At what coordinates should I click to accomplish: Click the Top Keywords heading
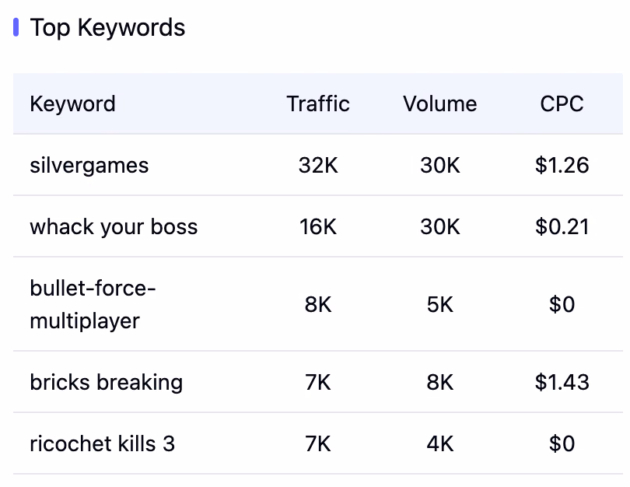click(107, 28)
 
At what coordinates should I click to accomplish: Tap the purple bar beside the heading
click(16, 27)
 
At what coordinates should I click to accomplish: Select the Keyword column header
click(73, 104)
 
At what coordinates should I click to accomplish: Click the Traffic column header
click(318, 103)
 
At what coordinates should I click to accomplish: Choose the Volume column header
click(440, 103)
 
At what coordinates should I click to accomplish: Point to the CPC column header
click(562, 103)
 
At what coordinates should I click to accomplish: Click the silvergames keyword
click(89, 166)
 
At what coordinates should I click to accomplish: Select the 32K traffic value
click(318, 165)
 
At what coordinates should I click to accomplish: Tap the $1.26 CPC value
click(562, 165)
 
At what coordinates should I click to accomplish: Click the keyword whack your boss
click(114, 227)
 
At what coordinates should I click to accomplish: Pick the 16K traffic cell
click(318, 226)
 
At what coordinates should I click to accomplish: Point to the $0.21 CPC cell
click(562, 226)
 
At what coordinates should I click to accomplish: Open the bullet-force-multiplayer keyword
click(93, 305)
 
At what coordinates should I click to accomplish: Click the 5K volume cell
click(440, 305)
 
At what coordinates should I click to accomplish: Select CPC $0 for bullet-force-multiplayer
click(562, 305)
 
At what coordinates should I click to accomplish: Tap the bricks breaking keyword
click(106, 383)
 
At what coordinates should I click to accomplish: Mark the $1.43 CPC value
click(562, 382)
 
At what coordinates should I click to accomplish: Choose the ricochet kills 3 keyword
click(103, 444)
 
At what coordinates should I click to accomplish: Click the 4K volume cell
click(440, 444)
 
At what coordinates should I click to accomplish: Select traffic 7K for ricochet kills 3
click(318, 444)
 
